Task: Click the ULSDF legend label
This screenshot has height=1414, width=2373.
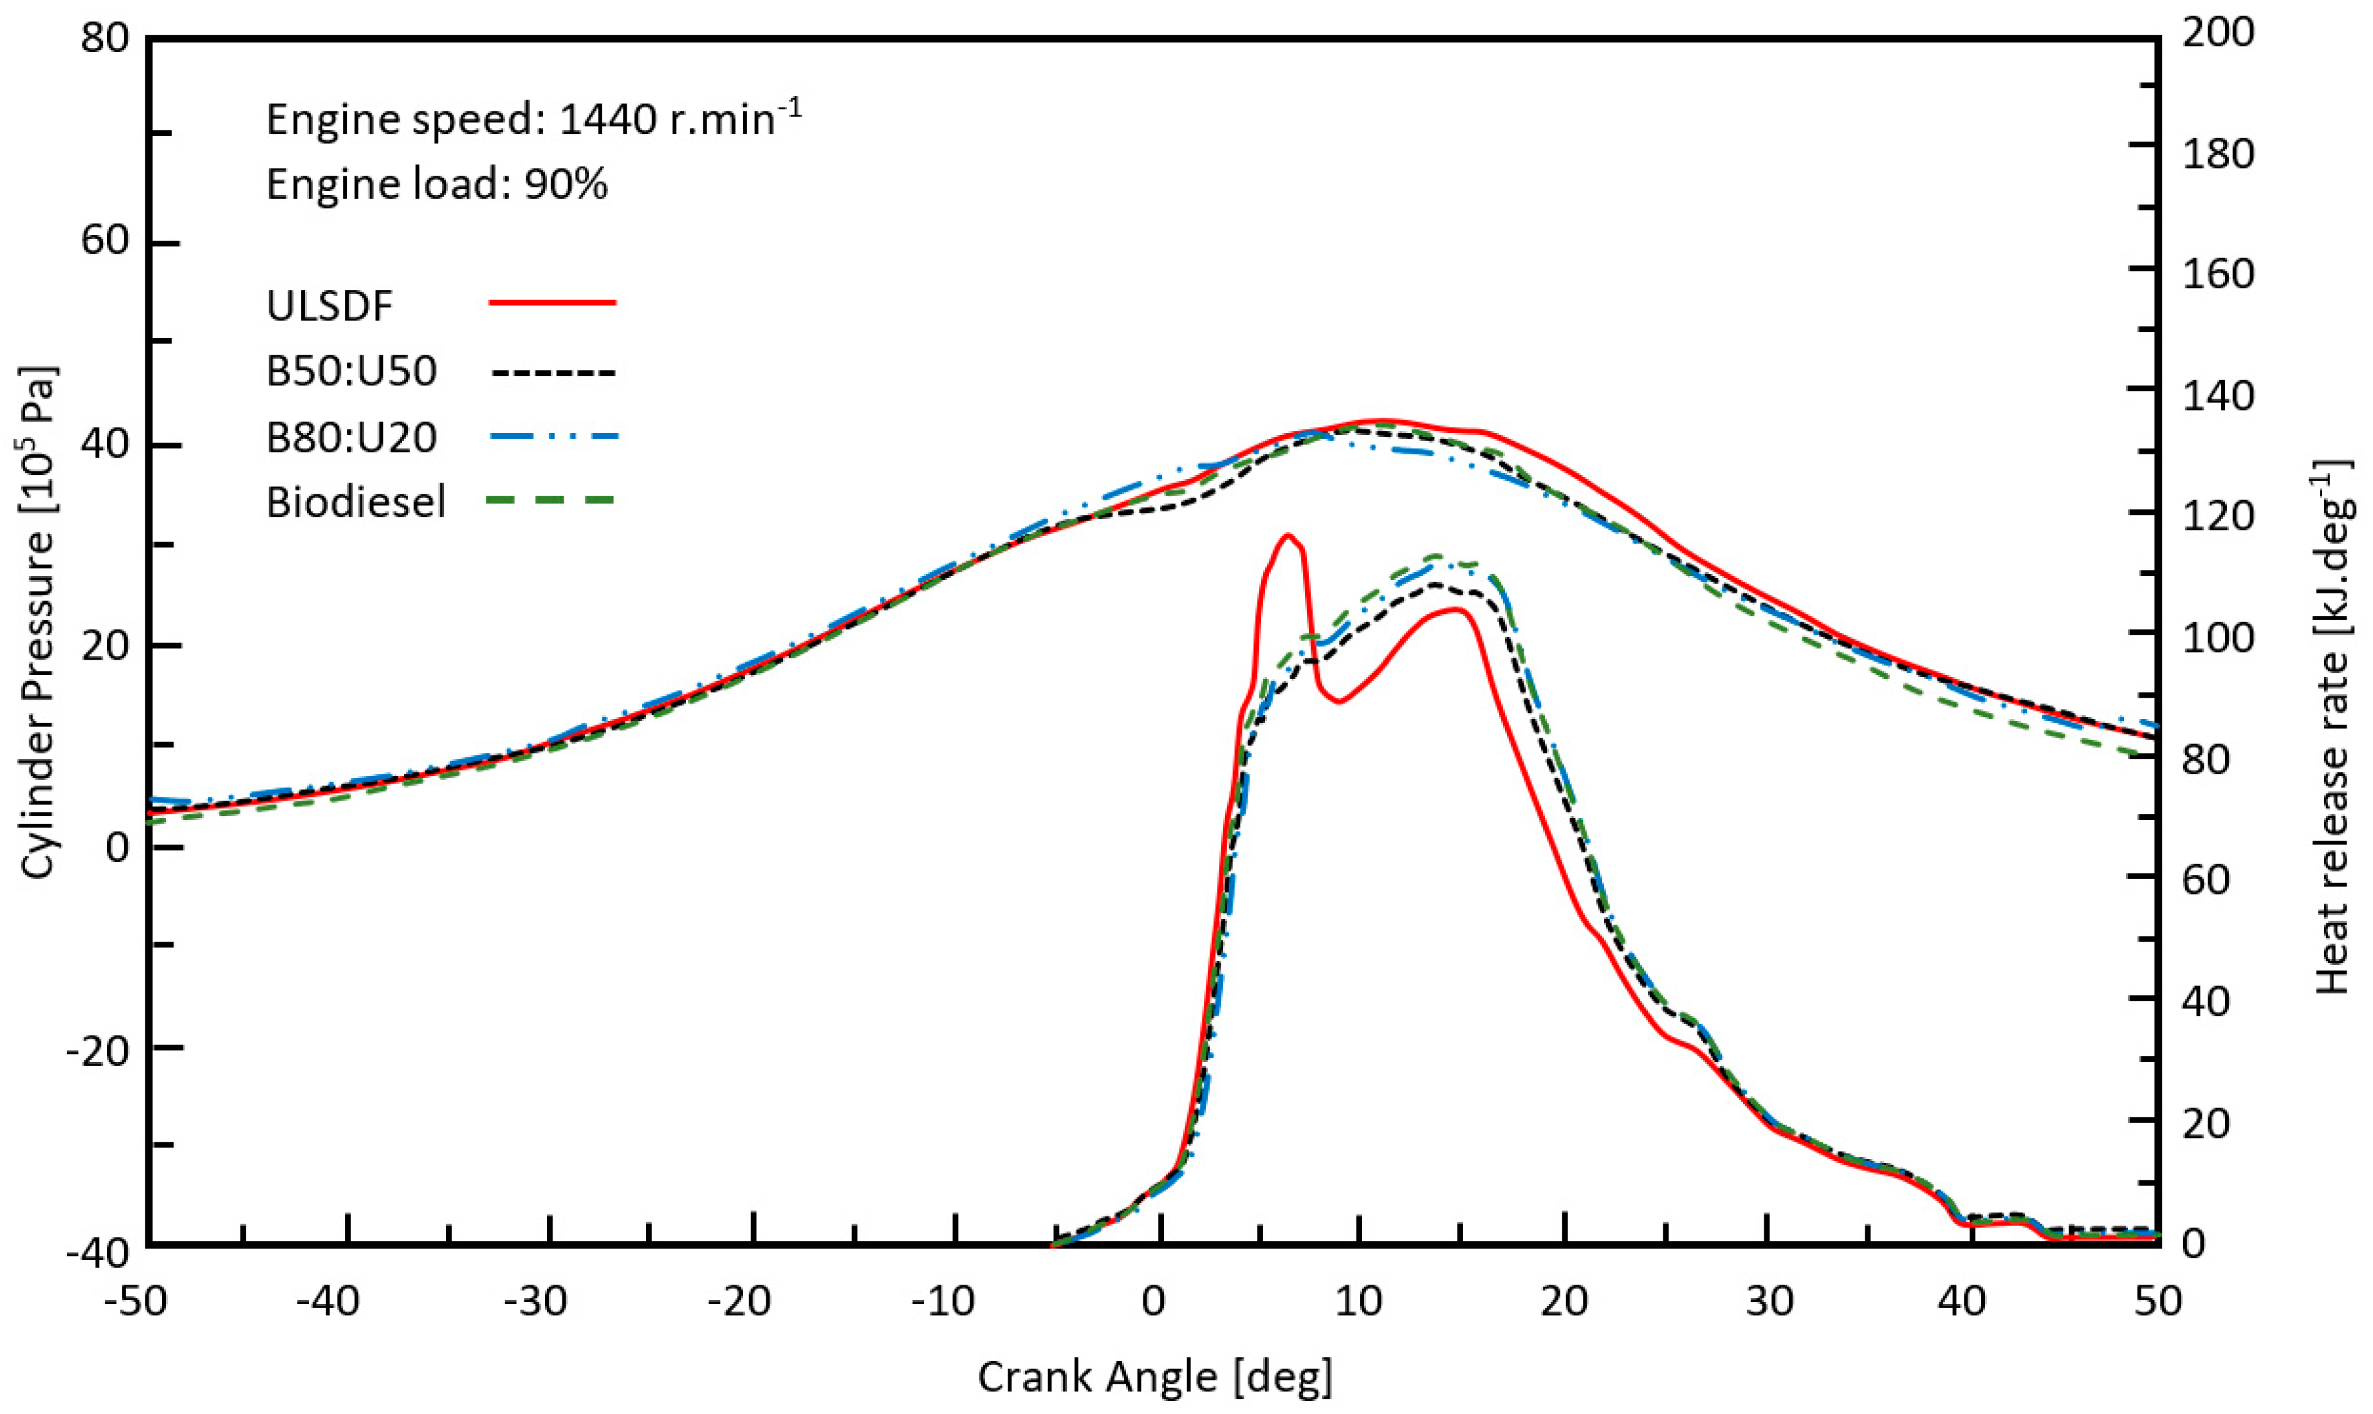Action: pos(329,306)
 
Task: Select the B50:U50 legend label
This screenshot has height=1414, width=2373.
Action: pos(351,371)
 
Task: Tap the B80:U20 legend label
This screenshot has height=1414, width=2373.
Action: pos(351,438)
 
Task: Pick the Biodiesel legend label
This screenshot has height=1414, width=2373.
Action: pos(355,502)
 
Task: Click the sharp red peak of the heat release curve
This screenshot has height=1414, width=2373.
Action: pos(1287,535)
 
